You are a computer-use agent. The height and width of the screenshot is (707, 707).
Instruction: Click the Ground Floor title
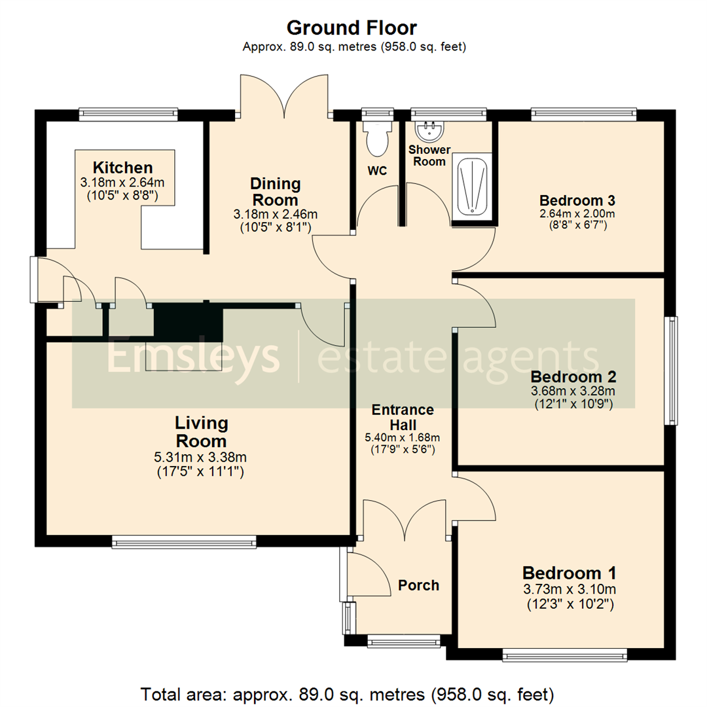352,27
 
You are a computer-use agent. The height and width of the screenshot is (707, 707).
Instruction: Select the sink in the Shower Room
429,131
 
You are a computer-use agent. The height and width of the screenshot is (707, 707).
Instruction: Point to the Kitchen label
122,167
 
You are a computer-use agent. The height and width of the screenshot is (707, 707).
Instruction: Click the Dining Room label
276,191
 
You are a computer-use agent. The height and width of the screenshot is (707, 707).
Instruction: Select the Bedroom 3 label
577,200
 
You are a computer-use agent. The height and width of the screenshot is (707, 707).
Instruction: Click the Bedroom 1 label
570,573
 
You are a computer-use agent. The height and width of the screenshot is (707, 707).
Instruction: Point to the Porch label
418,585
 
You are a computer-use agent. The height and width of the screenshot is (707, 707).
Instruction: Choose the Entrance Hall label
403,417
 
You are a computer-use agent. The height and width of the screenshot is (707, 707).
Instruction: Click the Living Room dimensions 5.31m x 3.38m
201,457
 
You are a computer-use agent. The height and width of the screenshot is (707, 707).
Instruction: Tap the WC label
378,172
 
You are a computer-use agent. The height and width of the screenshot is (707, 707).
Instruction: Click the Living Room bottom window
184,541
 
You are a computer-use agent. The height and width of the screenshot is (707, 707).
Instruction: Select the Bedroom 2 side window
672,371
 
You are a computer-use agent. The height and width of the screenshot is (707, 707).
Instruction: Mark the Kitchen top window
128,114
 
